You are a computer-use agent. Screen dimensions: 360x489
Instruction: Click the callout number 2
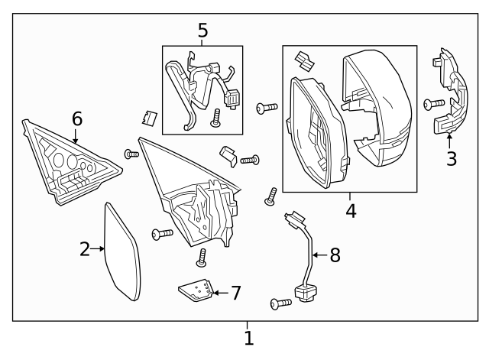point(86,248)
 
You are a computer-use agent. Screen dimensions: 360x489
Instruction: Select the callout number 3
point(452,159)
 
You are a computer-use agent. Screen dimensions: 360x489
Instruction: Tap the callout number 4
point(351,209)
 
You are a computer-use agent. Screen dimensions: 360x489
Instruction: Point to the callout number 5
point(202,31)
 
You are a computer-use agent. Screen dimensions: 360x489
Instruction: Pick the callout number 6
point(76,118)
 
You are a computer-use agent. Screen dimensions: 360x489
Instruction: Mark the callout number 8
point(335,255)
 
